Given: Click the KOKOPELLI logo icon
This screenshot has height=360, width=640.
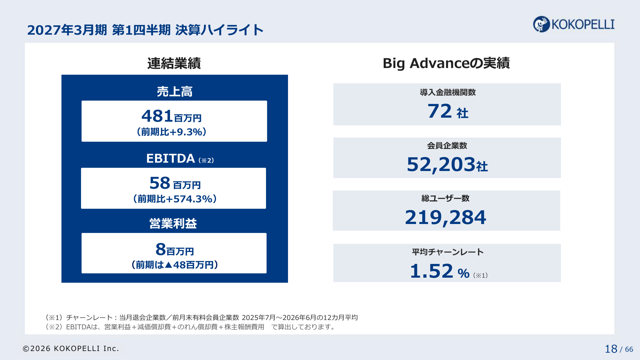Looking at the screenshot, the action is coord(541,24).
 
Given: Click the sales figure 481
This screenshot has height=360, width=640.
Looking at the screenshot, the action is coord(157,116).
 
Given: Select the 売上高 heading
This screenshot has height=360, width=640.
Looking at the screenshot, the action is coord(175,91).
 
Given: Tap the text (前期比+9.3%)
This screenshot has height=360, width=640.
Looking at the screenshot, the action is coord(172,132).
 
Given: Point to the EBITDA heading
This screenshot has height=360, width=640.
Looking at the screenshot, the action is coord(170,158).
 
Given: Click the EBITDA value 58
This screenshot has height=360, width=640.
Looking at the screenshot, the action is coord(160,183).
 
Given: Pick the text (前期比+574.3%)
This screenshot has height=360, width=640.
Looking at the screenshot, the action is coord(175,199).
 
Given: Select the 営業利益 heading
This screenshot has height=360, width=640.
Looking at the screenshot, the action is coord(173,223).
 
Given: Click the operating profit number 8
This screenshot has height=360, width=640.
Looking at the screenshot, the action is coord(161,249).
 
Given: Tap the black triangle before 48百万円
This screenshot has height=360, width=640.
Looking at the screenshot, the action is coord(169,265).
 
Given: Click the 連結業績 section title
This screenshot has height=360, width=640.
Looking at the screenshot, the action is coord(174,63).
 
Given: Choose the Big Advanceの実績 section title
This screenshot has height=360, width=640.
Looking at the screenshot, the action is coord(446,63).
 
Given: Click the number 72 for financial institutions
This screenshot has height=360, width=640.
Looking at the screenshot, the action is coord(440,111).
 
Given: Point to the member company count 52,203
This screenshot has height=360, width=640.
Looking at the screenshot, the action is coord(441,165).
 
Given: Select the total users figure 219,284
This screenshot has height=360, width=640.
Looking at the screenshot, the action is coord(446,218).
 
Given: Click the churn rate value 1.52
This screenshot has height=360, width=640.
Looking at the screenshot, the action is coord(432,271).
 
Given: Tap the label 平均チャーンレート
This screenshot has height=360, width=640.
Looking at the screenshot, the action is coord(448,252).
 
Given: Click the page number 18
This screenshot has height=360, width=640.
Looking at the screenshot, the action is coord(611,349).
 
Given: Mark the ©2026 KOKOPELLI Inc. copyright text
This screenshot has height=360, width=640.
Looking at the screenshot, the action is coord(71,349).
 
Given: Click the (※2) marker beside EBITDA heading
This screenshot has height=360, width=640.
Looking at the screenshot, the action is coord(206,160).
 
